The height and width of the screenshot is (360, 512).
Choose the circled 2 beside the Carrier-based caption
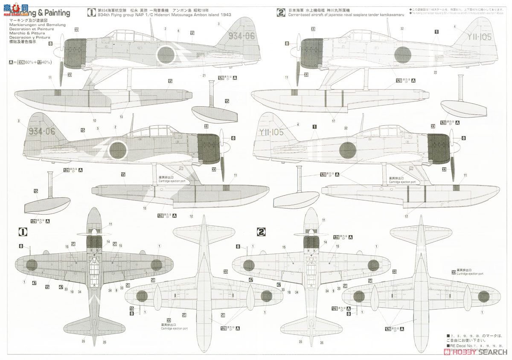(281, 12)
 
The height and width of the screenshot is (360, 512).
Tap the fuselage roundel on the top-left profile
(165, 54)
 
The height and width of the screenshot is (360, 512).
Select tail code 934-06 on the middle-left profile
(42, 131)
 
